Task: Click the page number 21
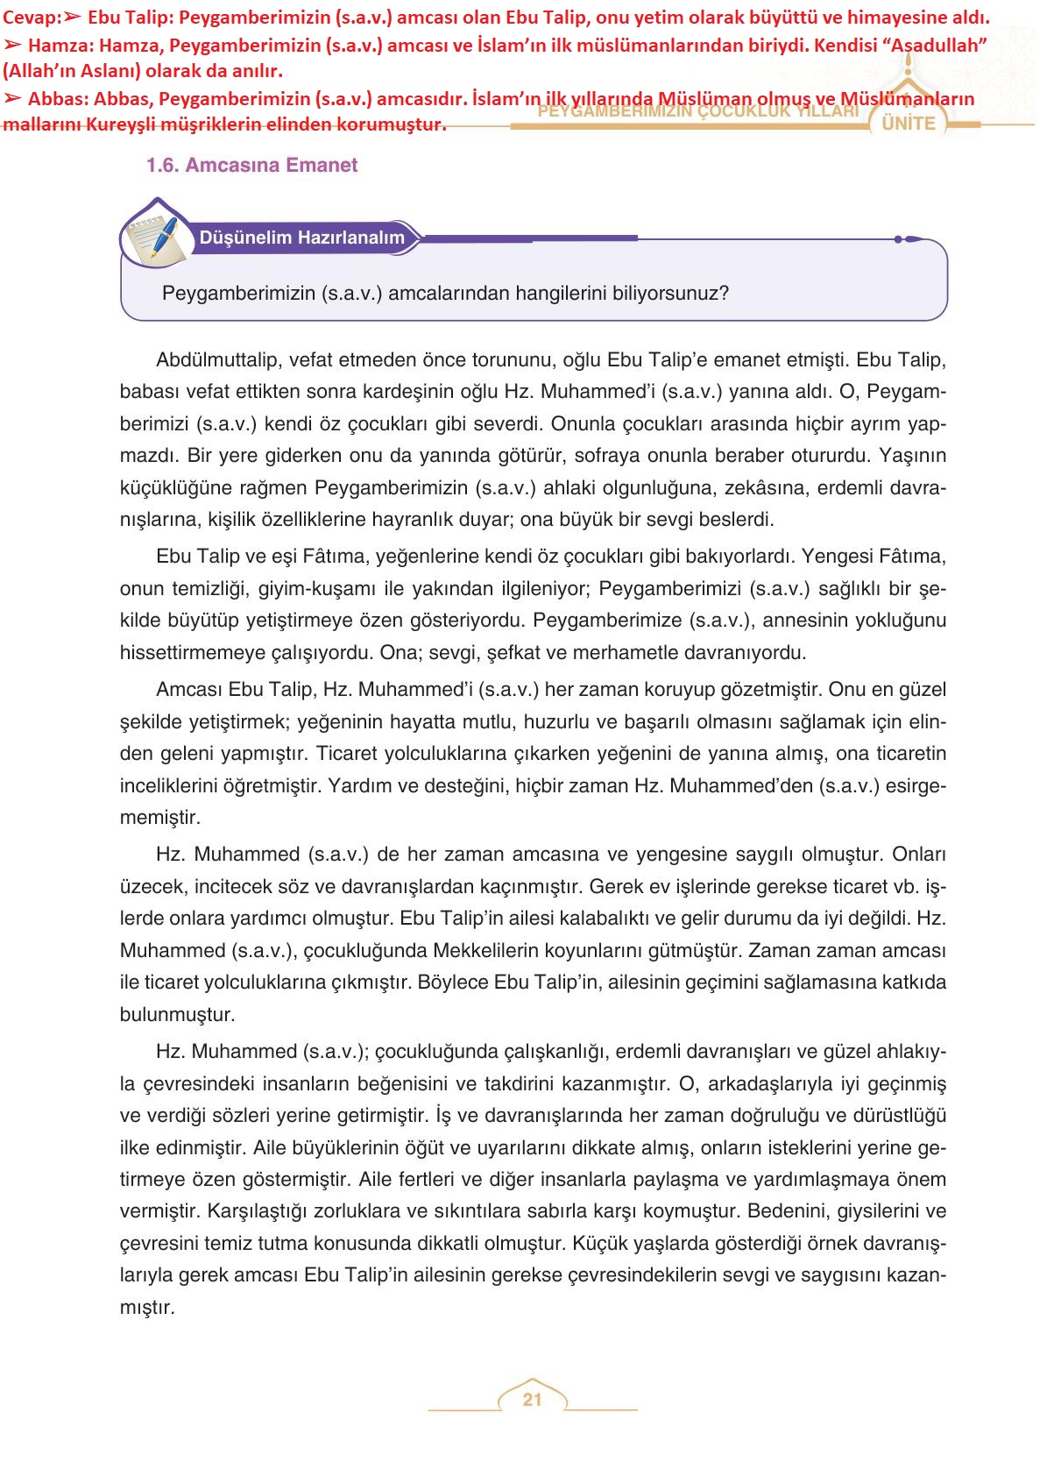pos(532,1400)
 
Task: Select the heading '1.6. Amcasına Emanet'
pos(251,165)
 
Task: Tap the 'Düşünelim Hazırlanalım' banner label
pos(301,238)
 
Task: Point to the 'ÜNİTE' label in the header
pos(909,124)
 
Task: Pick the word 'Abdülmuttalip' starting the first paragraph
pos(209,360)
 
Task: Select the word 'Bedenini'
pos(787,1211)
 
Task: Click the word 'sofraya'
pos(608,456)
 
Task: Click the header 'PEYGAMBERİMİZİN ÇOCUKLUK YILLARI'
pos(698,112)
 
